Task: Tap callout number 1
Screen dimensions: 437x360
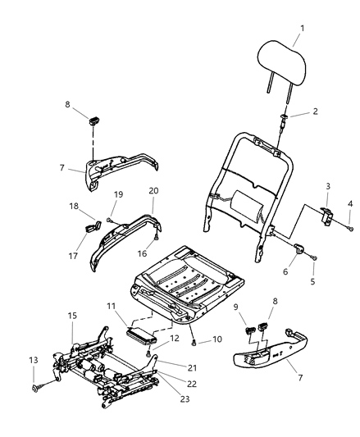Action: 303,30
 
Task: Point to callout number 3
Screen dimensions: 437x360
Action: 349,203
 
